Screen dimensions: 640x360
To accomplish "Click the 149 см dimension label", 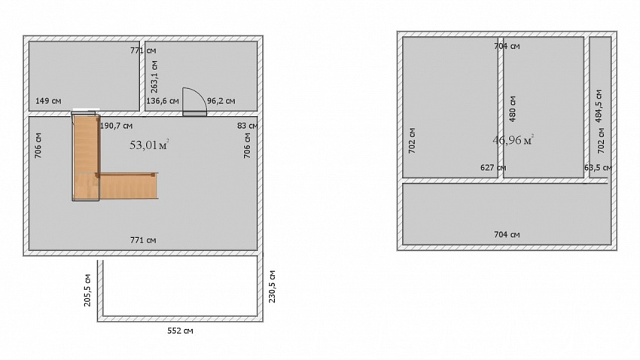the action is point(48,101).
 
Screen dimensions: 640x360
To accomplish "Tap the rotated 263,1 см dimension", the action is point(154,77).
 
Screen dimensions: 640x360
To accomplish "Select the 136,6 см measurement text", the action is point(163,101).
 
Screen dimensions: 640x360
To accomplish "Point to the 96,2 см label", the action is point(221,101).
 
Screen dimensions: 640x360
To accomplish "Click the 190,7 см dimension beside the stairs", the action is point(116,126).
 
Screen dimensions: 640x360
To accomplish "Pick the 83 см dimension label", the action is point(248,126).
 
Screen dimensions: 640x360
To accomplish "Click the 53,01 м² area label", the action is point(149,145).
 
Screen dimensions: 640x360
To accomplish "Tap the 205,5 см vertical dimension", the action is point(87,290).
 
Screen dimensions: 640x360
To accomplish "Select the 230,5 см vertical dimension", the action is point(273,286).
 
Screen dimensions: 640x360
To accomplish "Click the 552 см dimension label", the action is point(181,331).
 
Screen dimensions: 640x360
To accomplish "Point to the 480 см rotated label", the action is point(513,109).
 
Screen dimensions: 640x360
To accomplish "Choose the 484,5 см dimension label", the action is point(599,106).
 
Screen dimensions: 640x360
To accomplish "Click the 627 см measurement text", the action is point(493,168).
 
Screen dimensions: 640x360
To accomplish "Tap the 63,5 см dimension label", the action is point(598,168).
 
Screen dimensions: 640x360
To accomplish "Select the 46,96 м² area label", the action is point(513,140).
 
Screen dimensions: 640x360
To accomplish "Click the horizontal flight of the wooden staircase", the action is point(127,186).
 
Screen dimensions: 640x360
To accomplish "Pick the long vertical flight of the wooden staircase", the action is point(86,157).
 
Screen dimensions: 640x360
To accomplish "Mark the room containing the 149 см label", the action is point(84,75).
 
